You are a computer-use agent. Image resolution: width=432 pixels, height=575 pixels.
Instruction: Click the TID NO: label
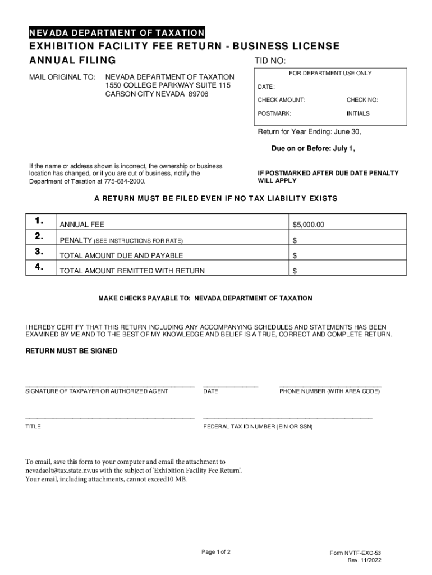click(270, 61)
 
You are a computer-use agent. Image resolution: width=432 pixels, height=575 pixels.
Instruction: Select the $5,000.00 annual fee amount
click(309, 225)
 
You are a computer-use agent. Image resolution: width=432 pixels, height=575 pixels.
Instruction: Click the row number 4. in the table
click(39, 267)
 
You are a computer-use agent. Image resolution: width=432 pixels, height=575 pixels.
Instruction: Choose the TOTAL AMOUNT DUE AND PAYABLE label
click(121, 255)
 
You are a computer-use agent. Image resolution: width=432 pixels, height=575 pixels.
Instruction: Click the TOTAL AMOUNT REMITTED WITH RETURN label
click(132, 271)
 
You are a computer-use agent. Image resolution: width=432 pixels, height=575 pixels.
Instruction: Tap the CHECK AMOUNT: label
click(281, 100)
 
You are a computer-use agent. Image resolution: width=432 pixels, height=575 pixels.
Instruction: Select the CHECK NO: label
click(362, 100)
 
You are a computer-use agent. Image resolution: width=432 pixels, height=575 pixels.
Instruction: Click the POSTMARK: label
click(274, 113)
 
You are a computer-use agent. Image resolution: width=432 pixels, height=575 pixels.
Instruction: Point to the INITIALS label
click(358, 113)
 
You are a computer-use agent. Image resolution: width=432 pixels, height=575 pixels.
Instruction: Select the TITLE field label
click(33, 427)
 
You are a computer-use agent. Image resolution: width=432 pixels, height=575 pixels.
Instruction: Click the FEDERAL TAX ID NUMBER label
click(258, 427)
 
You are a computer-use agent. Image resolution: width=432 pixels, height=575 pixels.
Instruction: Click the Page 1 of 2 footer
click(216, 552)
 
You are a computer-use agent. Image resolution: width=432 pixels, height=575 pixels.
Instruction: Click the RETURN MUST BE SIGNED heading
click(72, 351)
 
